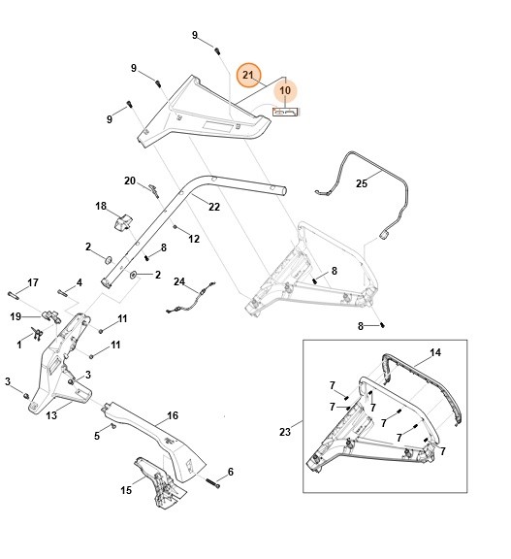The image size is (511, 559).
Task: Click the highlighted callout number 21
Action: (248, 75)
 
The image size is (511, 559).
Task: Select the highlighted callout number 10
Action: (285, 90)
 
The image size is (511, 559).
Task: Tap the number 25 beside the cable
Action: (362, 182)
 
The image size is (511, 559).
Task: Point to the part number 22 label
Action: (213, 206)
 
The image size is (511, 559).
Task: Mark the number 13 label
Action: (52, 415)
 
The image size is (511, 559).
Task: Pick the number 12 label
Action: (194, 239)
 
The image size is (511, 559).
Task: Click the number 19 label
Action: (16, 316)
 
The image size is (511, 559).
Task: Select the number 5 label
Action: (97, 436)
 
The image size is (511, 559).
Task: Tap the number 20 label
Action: (129, 181)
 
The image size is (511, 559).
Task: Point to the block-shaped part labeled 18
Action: (123, 223)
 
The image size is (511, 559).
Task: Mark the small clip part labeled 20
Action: (152, 189)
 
